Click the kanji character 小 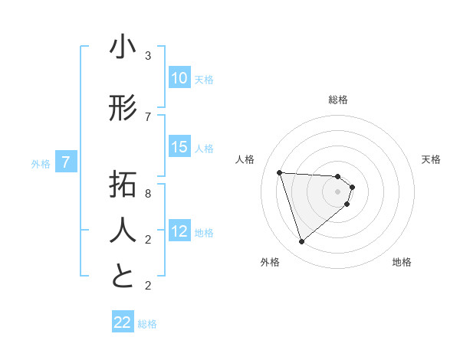pyautogui.click(x=122, y=48)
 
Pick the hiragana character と pyautogui.click(x=122, y=277)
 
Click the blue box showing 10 pyautogui.click(x=179, y=78)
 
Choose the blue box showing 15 pyautogui.click(x=179, y=148)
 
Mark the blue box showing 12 pyautogui.click(x=179, y=232)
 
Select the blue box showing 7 pyautogui.click(x=66, y=162)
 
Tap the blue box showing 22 pyautogui.click(x=123, y=322)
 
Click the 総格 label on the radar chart pyautogui.click(x=338, y=100)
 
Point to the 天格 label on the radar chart pyautogui.click(x=432, y=159)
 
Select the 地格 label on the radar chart pyautogui.click(x=402, y=262)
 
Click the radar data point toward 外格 pyautogui.click(x=301, y=242)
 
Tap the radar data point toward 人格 pyautogui.click(x=280, y=172)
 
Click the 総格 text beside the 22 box pyautogui.click(x=147, y=324)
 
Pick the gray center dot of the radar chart pyautogui.click(x=338, y=201)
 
